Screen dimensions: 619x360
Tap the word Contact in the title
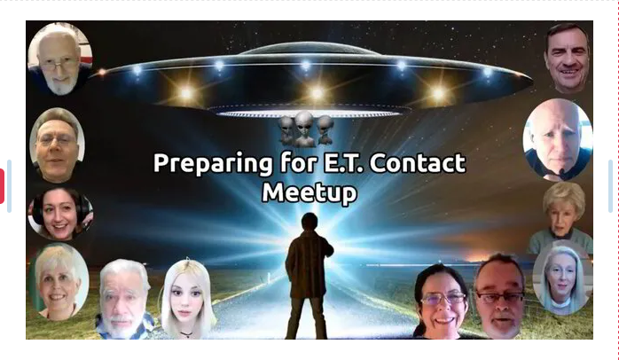pyautogui.click(x=418, y=163)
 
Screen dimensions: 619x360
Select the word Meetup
pyautogui.click(x=309, y=193)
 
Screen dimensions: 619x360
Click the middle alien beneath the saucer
pyautogui.click(x=304, y=129)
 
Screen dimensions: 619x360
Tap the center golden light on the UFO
pyautogui.click(x=317, y=94)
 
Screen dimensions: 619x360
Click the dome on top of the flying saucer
pyautogui.click(x=309, y=49)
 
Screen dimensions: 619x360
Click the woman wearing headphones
pyautogui.click(x=60, y=213)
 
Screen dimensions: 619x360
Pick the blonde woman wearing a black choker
pyautogui.click(x=187, y=299)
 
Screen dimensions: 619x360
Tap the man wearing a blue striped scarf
pyautogui.click(x=124, y=299)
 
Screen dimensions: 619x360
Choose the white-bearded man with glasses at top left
pyautogui.click(x=60, y=59)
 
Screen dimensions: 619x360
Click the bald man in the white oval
pyautogui.click(x=558, y=139)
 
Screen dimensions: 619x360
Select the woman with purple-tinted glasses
pyautogui.click(x=442, y=302)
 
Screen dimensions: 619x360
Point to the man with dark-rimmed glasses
pyautogui.click(x=500, y=297)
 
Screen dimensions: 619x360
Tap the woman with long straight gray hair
pyautogui.click(x=562, y=278)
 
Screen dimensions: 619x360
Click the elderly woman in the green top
pyautogui.click(x=562, y=218)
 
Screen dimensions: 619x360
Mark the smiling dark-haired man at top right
pyautogui.click(x=568, y=58)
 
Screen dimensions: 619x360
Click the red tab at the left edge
pyautogui.click(x=2, y=186)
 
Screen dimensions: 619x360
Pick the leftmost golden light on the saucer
pyautogui.click(x=186, y=94)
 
